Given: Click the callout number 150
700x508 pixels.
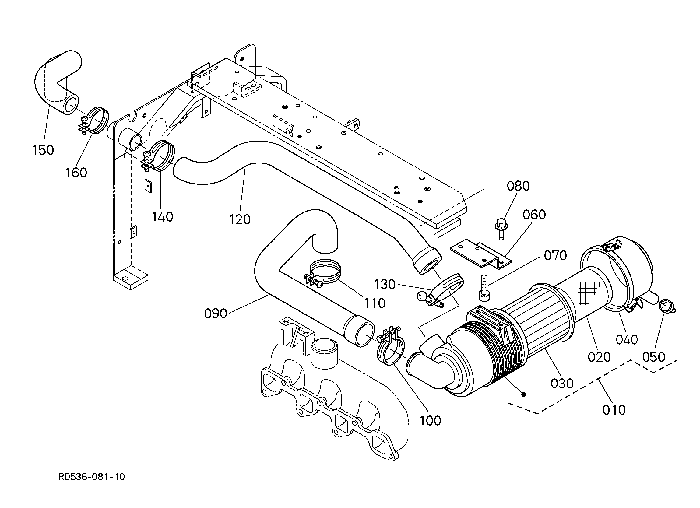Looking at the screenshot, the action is click(x=43, y=150).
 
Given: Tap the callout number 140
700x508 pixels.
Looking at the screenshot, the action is click(x=162, y=217).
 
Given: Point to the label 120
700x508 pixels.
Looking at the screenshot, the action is click(x=240, y=219).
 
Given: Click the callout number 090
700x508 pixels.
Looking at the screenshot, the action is click(x=216, y=314).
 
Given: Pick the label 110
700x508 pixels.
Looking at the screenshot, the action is click(x=375, y=303).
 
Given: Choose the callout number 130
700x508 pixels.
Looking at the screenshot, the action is click(x=385, y=284).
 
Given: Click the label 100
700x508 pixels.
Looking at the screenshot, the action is click(x=431, y=420).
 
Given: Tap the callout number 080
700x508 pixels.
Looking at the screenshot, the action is click(x=518, y=186).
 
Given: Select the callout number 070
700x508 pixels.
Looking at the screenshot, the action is click(x=555, y=256).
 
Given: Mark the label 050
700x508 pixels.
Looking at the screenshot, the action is click(x=654, y=357).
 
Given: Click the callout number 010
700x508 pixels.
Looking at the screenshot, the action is click(x=614, y=410).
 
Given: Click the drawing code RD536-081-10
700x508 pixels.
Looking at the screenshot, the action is click(x=91, y=477).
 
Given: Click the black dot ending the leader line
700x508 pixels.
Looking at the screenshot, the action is click(x=523, y=394).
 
